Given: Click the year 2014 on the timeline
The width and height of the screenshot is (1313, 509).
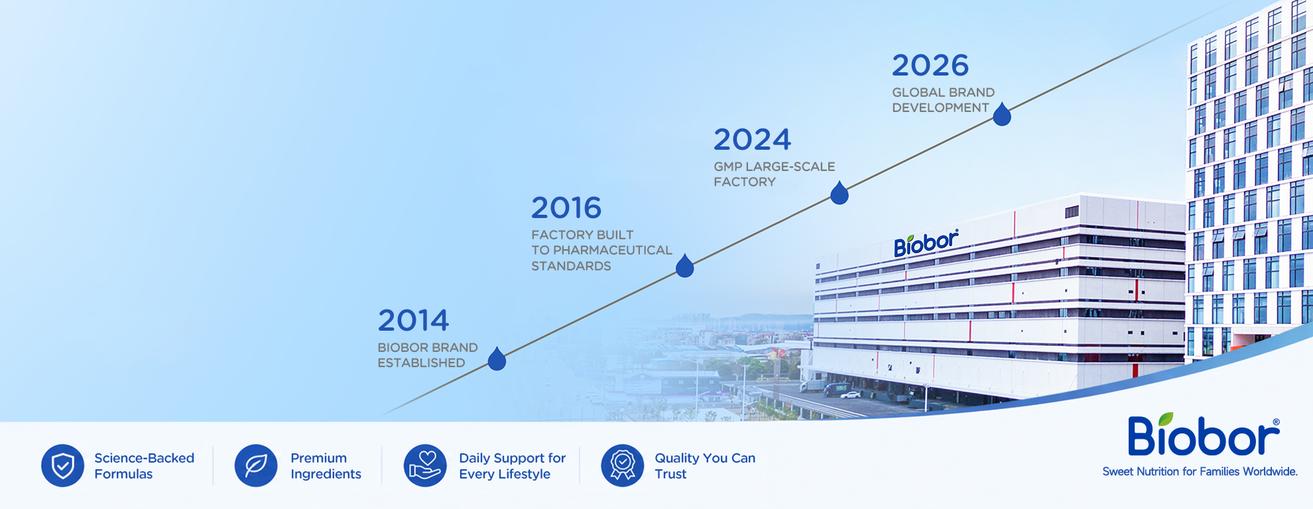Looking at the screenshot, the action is tap(413, 321).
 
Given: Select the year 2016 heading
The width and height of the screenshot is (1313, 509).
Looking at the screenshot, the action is tap(566, 208).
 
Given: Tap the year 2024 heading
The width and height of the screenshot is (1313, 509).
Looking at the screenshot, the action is tap(752, 140).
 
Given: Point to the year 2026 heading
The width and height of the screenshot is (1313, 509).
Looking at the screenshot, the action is tap(930, 66).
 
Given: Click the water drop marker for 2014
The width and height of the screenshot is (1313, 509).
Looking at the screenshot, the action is tap(497, 359).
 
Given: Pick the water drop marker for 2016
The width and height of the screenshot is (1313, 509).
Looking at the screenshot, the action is tap(685, 266).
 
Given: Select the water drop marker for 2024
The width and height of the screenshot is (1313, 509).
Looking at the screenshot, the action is tap(840, 193).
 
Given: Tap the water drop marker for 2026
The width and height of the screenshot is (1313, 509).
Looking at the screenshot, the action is tap(1002, 114).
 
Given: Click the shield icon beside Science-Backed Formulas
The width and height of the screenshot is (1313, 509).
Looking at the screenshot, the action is tap(62, 465).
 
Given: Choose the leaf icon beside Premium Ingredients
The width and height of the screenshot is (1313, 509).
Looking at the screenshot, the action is tap(256, 465).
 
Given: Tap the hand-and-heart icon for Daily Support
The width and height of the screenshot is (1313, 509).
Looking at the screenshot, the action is tap(425, 465).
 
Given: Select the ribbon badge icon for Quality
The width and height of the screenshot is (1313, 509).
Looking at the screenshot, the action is tap(623, 465).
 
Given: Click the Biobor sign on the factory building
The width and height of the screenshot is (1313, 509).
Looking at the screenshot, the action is tap(926, 243).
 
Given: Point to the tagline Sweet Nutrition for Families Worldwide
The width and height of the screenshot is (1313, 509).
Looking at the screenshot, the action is tap(1200, 472).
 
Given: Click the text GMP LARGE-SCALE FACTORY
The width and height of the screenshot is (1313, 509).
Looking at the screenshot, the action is tap(775, 174).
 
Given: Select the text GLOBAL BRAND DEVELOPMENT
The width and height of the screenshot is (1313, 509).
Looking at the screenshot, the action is tap(943, 100).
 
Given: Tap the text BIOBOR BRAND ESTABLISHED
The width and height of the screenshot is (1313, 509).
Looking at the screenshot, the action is tap(428, 355).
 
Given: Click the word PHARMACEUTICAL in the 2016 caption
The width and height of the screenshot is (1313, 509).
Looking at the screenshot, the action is tap(613, 251).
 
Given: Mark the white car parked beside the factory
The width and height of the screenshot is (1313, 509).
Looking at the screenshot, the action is tap(850, 395).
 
